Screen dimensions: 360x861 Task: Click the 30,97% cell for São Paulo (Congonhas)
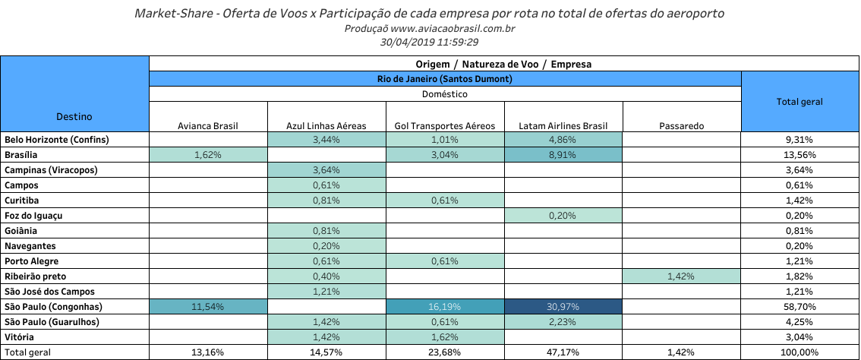coord(563,307)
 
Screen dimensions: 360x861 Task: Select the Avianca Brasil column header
coord(208,125)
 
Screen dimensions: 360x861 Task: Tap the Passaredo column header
coord(681,125)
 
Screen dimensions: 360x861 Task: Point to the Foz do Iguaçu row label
coord(33,216)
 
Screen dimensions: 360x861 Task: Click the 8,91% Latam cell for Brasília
coord(563,155)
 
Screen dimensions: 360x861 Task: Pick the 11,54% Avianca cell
coord(208,307)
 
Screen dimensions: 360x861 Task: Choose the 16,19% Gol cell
coord(444,307)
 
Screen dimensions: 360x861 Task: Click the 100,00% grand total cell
coord(799,352)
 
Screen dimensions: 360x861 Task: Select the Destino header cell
coord(74,116)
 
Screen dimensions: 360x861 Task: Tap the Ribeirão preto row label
coord(36,276)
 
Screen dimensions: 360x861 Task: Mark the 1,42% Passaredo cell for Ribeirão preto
coord(681,276)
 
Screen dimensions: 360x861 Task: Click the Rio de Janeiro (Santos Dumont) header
coord(445,79)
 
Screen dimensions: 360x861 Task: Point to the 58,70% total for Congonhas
coord(799,307)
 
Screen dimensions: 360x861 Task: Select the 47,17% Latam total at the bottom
coord(563,352)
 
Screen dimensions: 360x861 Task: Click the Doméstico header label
coord(445,94)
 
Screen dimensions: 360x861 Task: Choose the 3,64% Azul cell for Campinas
coord(326,170)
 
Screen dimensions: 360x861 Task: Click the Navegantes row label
coord(30,246)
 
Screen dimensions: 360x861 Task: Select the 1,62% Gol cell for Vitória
coord(444,337)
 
